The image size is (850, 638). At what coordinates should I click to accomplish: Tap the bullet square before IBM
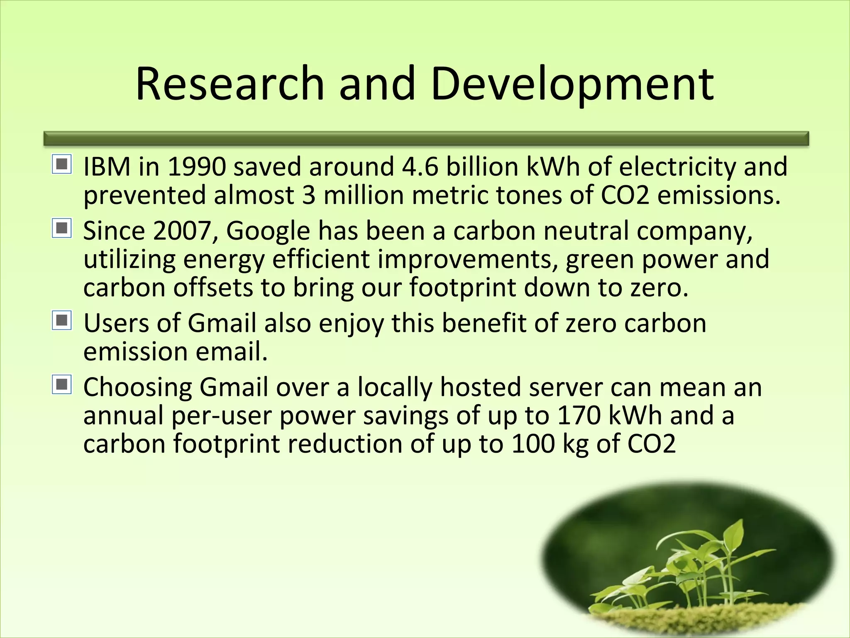click(62, 164)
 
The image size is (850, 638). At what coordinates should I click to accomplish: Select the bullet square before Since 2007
click(62, 228)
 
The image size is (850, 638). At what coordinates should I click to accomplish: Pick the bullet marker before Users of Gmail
click(62, 321)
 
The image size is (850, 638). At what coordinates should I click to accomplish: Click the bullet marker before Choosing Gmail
click(62, 385)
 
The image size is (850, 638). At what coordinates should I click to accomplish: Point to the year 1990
click(197, 167)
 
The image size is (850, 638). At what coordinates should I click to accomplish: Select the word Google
click(268, 231)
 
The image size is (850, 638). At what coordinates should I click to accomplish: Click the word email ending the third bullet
click(231, 351)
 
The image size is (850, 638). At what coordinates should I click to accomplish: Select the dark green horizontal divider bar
click(426, 139)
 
